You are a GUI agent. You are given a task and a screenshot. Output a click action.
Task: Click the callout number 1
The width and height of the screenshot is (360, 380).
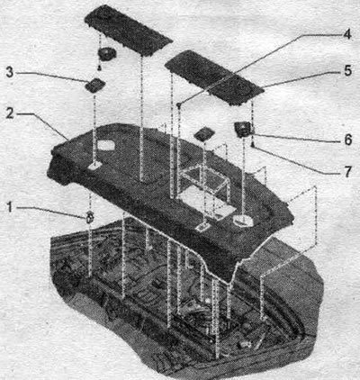(x=10, y=207)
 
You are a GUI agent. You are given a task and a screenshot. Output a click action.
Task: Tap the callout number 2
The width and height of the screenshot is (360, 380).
(x=10, y=113)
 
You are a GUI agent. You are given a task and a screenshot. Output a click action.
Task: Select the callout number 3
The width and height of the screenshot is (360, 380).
(x=10, y=72)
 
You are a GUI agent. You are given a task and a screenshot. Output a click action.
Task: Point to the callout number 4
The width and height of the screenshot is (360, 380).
(x=347, y=34)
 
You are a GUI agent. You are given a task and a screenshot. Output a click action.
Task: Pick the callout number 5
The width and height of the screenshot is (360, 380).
(x=347, y=71)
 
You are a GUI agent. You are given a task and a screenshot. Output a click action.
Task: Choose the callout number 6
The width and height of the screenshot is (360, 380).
(x=348, y=140)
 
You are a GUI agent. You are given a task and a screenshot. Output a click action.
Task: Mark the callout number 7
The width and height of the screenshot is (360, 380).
(x=347, y=172)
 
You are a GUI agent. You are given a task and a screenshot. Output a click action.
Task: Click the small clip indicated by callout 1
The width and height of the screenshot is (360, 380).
(x=89, y=217)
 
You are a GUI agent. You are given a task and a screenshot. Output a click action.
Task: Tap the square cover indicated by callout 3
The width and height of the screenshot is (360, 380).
(x=95, y=86)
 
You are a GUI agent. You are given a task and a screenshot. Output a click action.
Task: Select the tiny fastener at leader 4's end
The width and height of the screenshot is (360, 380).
(x=179, y=104)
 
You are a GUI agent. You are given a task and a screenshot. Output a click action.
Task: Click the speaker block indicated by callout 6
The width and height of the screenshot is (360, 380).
(x=244, y=130)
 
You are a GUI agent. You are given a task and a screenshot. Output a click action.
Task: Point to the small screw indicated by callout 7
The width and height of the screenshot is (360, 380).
(x=253, y=146)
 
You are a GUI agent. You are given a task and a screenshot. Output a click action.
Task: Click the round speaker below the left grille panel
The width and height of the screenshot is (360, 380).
(x=107, y=55)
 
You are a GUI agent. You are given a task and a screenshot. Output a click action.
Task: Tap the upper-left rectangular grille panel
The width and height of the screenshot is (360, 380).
(x=129, y=31)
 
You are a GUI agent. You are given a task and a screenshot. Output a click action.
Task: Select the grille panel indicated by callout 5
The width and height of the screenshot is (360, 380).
(x=214, y=77)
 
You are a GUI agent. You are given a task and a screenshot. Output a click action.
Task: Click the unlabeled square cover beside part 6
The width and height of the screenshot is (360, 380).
(x=204, y=134)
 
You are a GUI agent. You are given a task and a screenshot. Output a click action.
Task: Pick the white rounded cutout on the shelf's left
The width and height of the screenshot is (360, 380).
(x=105, y=145)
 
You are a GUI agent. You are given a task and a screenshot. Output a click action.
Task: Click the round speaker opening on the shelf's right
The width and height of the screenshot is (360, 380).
(x=244, y=221)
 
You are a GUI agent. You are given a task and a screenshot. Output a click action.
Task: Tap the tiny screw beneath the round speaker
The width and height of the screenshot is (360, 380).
(x=99, y=68)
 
